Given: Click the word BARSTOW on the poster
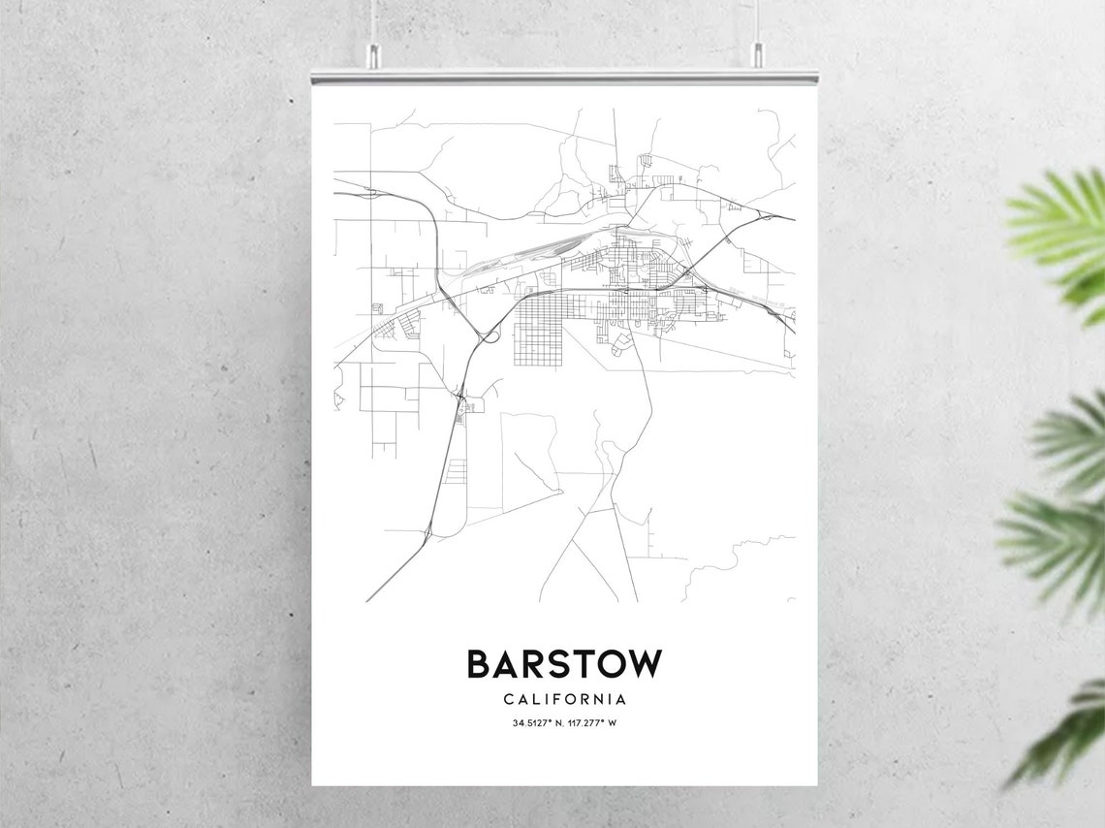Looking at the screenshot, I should click(x=564, y=664).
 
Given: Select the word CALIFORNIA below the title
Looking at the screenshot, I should click(x=564, y=699).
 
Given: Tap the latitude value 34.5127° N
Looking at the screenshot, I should click(x=538, y=723).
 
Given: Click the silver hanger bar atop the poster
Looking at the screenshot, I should click(x=564, y=76).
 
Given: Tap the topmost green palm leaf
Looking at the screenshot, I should click(x=1061, y=233).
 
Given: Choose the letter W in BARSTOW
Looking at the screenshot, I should click(x=645, y=664).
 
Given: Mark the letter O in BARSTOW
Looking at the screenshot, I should click(x=612, y=664).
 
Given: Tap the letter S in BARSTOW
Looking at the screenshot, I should click(x=551, y=664).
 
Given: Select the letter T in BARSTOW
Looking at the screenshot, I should click(x=579, y=664).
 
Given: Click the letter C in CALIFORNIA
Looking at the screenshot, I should click(x=509, y=699).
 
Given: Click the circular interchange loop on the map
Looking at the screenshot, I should click(x=489, y=336).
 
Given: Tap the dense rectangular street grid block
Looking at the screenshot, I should click(x=537, y=330).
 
